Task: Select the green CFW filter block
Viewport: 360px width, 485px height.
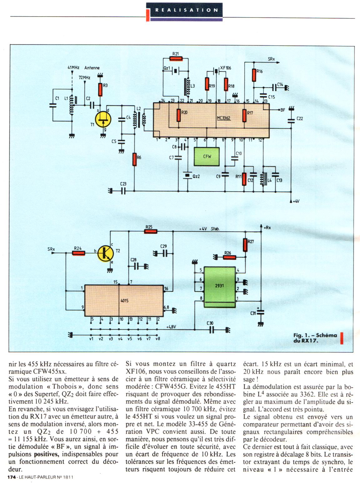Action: pos(207,156)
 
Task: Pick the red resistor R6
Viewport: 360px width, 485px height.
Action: pos(135,159)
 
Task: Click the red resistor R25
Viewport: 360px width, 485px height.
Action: pos(150,232)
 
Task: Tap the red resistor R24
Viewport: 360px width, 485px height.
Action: pos(78,253)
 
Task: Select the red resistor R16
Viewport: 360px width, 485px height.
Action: pos(254,75)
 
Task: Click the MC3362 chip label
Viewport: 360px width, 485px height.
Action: pos(223,118)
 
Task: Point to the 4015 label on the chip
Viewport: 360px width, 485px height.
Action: pos(124,301)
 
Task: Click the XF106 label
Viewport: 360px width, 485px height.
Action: pos(226,68)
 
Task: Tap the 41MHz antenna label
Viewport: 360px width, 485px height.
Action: pos(73,67)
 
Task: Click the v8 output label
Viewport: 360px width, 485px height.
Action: pos(158,338)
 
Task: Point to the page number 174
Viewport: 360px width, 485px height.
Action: pos(12,477)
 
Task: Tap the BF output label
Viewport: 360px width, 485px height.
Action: pos(282,110)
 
